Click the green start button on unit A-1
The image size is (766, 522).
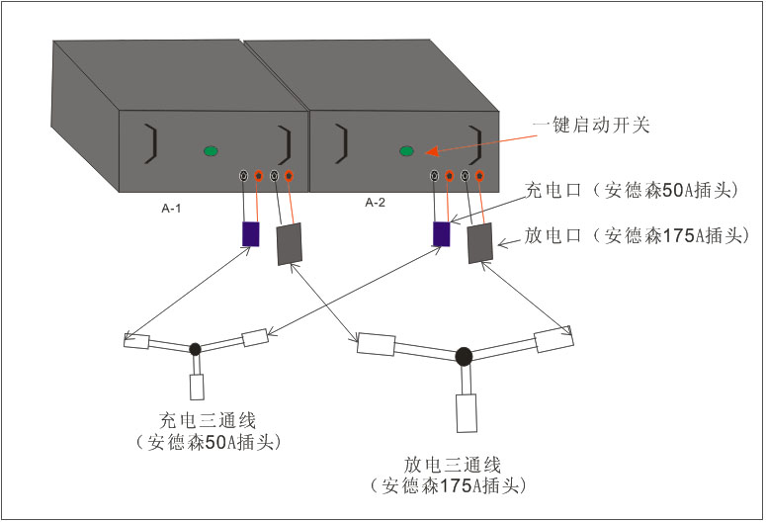click(x=211, y=151)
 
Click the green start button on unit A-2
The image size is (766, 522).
click(x=406, y=151)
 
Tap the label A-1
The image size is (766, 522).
click(x=173, y=209)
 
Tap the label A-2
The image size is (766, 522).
click(x=375, y=203)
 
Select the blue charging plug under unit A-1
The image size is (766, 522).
click(x=251, y=234)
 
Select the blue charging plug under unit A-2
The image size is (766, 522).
click(x=442, y=234)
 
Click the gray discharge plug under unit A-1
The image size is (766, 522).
click(x=288, y=244)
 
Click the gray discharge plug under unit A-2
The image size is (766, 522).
click(x=479, y=243)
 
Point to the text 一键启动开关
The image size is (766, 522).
click(x=590, y=126)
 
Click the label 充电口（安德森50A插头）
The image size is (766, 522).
click(x=638, y=192)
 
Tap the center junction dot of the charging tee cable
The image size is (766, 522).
click(x=195, y=348)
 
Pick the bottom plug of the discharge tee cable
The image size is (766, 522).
click(x=466, y=413)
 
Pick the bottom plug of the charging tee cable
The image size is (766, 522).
click(x=196, y=387)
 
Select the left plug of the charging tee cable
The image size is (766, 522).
click(x=135, y=341)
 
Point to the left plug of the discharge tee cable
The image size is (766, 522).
click(x=377, y=345)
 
